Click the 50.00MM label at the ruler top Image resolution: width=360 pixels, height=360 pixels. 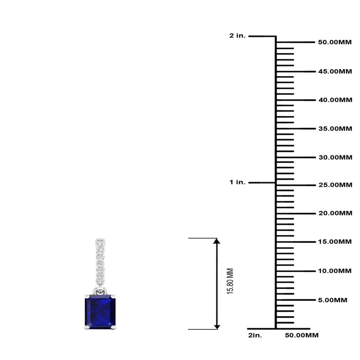pos(335,42)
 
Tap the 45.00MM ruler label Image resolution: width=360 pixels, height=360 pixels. pos(335,71)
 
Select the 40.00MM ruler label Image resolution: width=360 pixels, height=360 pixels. pos(336,100)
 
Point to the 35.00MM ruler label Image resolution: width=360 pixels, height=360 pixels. pos(336,129)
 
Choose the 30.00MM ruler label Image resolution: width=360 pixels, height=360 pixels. pos(336,157)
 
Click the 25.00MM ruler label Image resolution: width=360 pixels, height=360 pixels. pos(336,185)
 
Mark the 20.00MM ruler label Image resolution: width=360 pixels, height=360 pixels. pos(336,213)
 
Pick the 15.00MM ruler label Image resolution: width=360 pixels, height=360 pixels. pos(335,242)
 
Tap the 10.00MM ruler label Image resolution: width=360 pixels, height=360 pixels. pos(335,271)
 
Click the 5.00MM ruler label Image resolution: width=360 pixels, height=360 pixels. pos(333,300)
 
